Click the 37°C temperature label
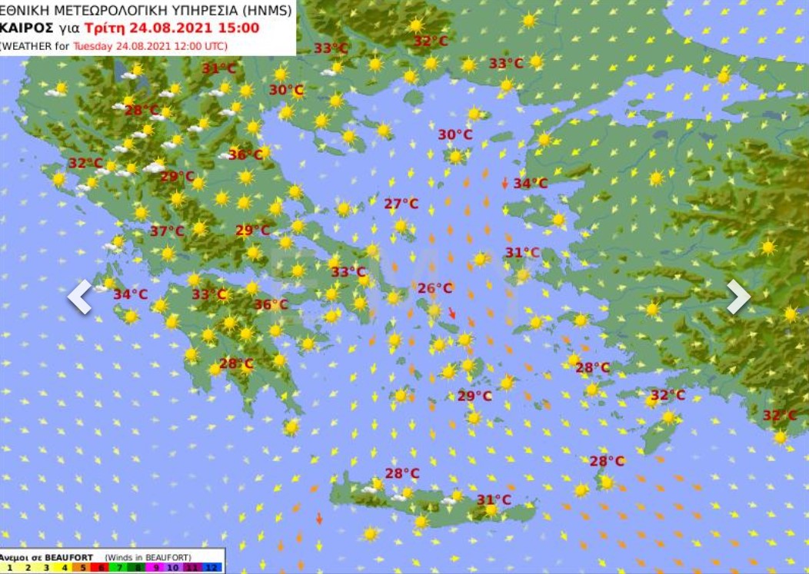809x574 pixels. point(167,231)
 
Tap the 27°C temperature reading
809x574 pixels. point(401,204)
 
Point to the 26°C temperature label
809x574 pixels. point(435,288)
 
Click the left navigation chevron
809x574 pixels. point(79,297)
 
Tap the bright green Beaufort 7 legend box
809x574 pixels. point(118,568)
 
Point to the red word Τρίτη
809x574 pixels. point(102,28)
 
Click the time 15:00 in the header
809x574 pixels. point(241,28)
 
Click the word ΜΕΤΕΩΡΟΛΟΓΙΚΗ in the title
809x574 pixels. point(101,10)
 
